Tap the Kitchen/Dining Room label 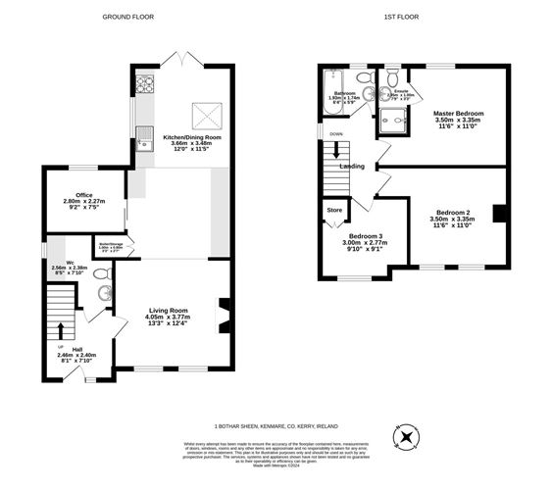point(192,137)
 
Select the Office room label point(82,194)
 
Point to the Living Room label point(167,311)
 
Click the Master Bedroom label point(459,114)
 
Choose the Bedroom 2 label point(453,213)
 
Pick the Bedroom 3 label point(362,235)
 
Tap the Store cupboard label point(335,209)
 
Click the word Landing point(353,166)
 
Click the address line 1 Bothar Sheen point(276,425)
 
